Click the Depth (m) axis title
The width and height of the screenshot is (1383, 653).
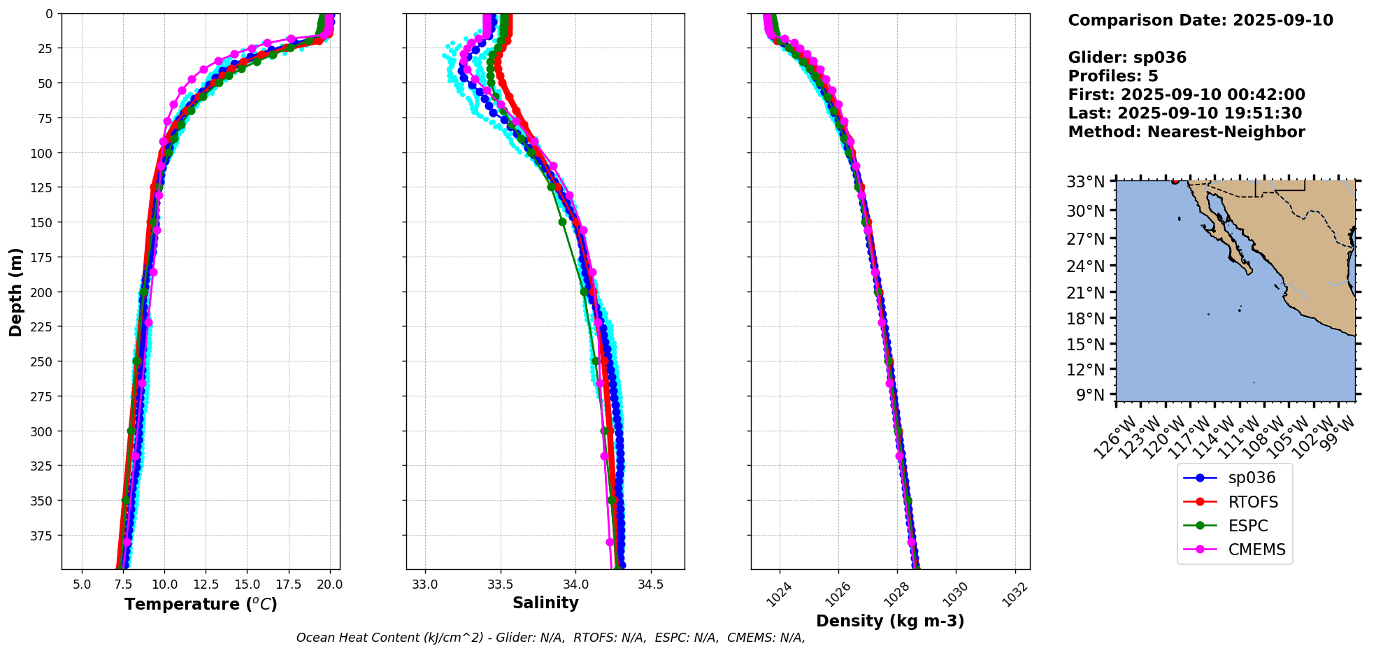(15, 292)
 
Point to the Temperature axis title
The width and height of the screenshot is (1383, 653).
(201, 604)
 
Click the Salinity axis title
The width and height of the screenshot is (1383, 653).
(545, 603)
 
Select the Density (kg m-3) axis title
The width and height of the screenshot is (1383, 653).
(890, 621)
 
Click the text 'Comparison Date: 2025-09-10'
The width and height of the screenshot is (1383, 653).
(1201, 20)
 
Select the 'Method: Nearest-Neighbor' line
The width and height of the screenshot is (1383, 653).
(1187, 132)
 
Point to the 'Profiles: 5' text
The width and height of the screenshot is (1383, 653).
(1113, 76)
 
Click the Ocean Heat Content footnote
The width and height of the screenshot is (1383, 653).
(550, 638)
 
